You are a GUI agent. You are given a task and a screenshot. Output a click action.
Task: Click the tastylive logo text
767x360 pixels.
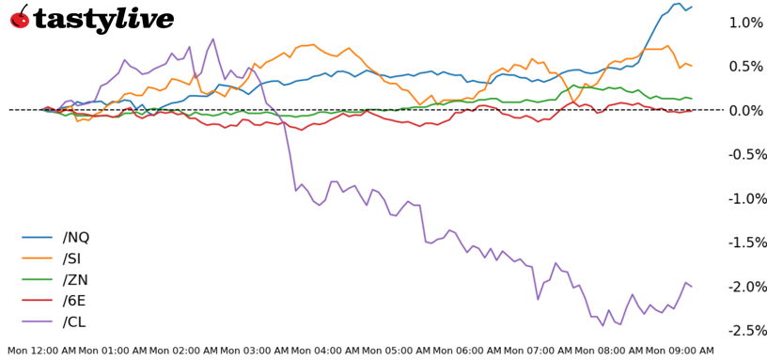point(103,19)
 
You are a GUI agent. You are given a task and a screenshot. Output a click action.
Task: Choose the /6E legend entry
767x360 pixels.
point(76,301)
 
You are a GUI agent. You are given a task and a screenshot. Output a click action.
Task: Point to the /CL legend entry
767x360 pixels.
point(76,322)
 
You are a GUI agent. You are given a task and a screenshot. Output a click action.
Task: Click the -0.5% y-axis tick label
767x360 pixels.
point(744,154)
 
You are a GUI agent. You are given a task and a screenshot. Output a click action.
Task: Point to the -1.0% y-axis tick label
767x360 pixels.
point(744,198)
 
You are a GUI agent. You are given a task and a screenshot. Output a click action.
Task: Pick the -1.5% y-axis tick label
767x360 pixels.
point(744,243)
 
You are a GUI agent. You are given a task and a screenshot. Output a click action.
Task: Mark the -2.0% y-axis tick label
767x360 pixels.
point(744,286)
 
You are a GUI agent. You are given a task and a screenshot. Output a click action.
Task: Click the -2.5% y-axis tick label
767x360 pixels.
point(744,330)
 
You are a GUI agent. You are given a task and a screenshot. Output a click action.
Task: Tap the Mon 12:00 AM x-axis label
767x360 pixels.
point(41,352)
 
